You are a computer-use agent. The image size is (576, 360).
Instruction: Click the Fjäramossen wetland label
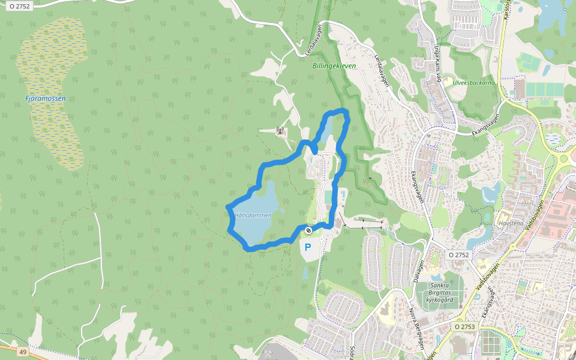[x=46, y=98]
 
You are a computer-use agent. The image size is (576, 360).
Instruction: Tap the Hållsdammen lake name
[x=253, y=215]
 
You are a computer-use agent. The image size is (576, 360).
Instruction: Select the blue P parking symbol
[x=308, y=247]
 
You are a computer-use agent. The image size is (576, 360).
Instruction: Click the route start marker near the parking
[x=308, y=230]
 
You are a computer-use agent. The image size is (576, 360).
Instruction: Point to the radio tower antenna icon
[x=279, y=130]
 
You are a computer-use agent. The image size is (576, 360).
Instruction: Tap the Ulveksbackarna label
[x=474, y=83]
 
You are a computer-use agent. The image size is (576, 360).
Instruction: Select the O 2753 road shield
[x=464, y=327]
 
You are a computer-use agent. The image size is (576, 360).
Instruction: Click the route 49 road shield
[x=23, y=352]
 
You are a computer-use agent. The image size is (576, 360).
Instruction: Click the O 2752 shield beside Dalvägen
[x=458, y=255]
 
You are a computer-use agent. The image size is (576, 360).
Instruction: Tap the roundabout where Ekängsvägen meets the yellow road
[x=563, y=160]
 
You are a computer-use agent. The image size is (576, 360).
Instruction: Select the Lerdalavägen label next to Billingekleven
[x=382, y=71]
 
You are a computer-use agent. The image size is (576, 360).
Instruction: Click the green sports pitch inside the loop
[x=328, y=197]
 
